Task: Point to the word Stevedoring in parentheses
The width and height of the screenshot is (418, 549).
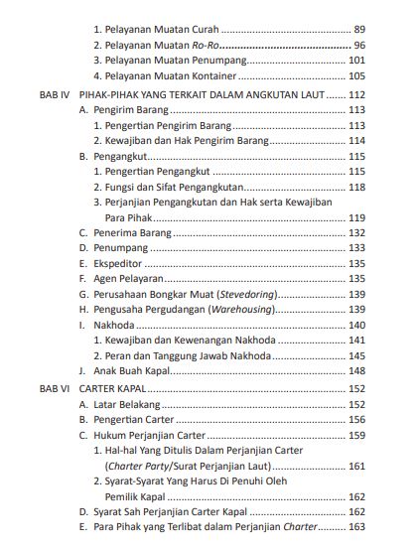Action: click(x=245, y=295)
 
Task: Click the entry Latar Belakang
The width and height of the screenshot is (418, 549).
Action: click(x=122, y=405)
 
